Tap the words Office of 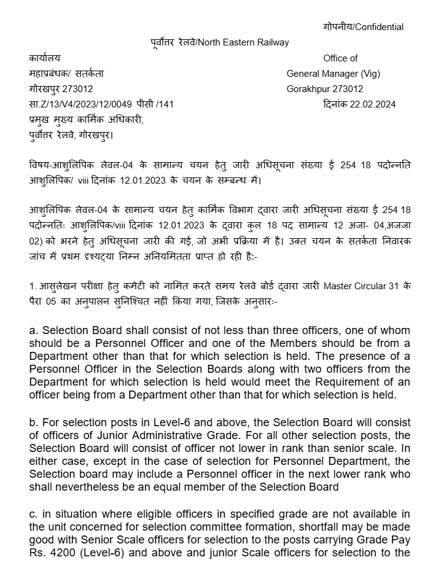340,58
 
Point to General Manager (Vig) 333,74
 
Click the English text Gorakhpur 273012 324,89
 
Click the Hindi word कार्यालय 45,58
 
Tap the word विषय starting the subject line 39,166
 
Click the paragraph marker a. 33,330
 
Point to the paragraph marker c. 32,513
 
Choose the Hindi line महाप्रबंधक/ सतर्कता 66,74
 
